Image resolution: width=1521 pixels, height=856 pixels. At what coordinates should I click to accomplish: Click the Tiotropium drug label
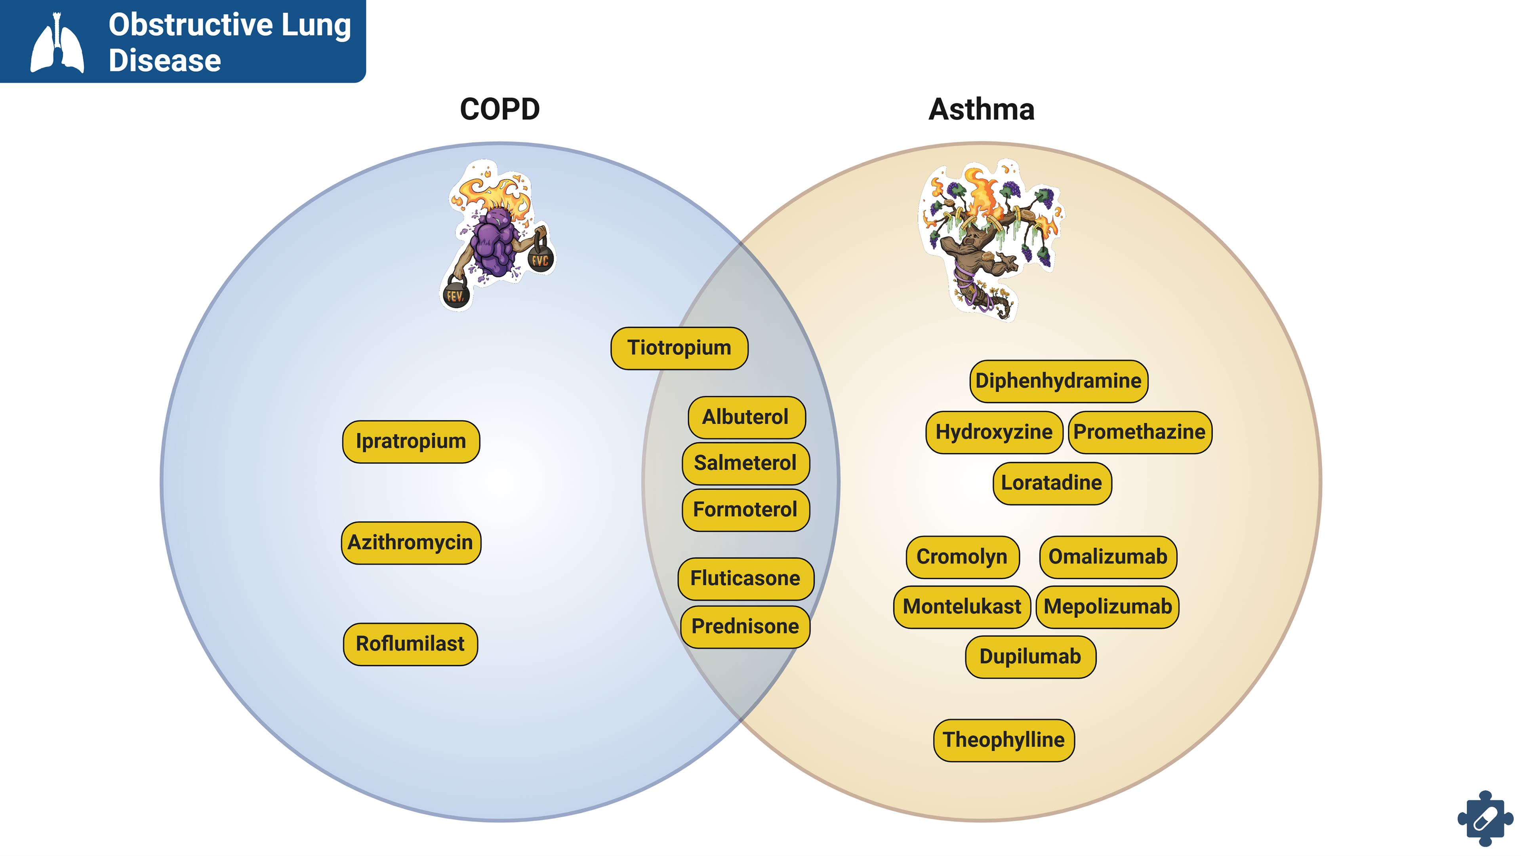click(679, 348)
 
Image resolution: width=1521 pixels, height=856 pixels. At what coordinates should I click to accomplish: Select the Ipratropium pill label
click(411, 441)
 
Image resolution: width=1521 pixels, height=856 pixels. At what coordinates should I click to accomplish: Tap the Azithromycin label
click(411, 542)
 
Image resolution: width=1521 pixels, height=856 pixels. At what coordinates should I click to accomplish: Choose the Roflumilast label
click(410, 644)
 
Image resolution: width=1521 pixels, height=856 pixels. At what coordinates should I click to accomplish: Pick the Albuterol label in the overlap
click(746, 417)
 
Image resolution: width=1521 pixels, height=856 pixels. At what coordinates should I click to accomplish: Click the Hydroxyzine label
click(994, 432)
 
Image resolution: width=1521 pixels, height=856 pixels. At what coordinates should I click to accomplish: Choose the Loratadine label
click(1052, 483)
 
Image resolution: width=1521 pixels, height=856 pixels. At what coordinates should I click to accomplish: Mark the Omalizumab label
click(1108, 557)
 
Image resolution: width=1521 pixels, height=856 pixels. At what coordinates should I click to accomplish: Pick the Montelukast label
click(962, 607)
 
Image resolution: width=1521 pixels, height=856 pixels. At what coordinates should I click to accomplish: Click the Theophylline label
click(1004, 740)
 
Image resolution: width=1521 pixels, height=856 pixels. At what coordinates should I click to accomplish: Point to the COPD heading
click(499, 109)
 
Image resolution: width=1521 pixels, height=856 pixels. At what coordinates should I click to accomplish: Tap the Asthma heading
click(982, 109)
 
